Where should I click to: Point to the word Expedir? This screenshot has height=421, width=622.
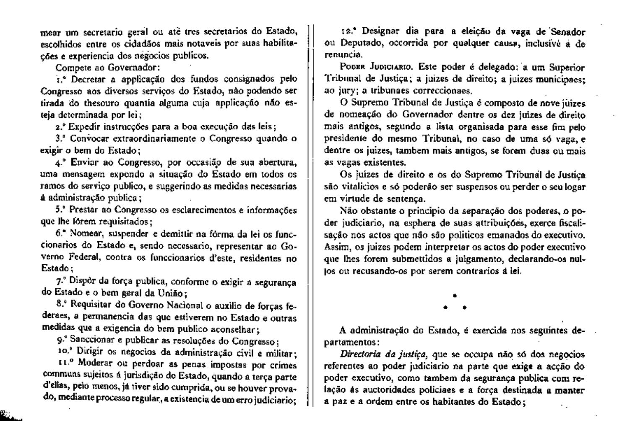(82, 127)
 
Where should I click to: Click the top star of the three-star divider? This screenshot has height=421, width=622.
(455, 295)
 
